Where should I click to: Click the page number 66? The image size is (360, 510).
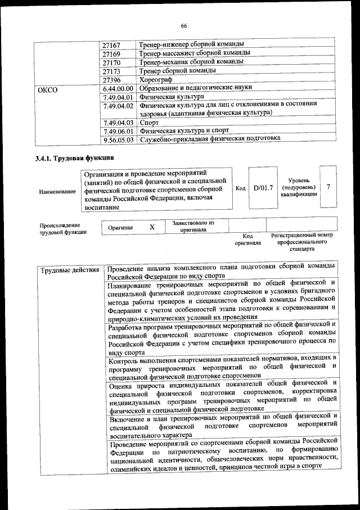pos(183,26)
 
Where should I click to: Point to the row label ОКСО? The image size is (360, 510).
pos(47,89)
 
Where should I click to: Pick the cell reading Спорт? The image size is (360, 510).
pos(149,122)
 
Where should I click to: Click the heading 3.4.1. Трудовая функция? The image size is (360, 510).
pos(75,158)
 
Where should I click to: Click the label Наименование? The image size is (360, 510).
pos(58,192)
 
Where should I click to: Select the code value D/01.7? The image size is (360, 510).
pos(263,188)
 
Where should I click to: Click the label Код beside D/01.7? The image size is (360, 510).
pos(240,188)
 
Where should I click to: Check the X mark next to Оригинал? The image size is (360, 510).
pos(151,228)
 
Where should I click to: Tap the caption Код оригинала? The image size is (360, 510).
pos(247,240)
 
